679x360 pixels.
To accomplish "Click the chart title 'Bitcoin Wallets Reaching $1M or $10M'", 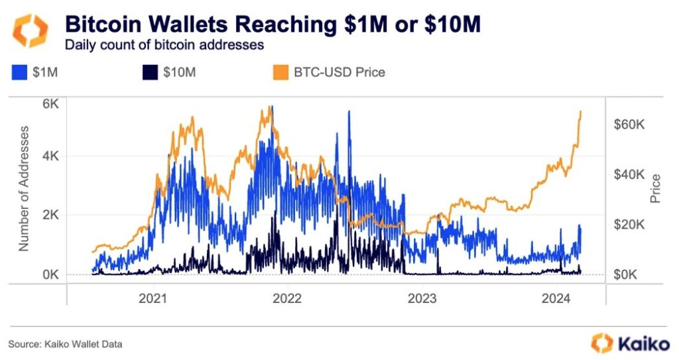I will (x=272, y=25).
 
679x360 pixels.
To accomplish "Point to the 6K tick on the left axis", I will (x=51, y=104).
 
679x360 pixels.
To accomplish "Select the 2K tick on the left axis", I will (x=51, y=215).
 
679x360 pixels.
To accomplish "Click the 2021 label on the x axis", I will (x=153, y=298).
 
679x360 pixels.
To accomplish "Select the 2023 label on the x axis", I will (x=423, y=298).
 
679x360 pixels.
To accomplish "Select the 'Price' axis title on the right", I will (x=656, y=189).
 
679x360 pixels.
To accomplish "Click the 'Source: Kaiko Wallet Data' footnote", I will (x=65, y=344).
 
